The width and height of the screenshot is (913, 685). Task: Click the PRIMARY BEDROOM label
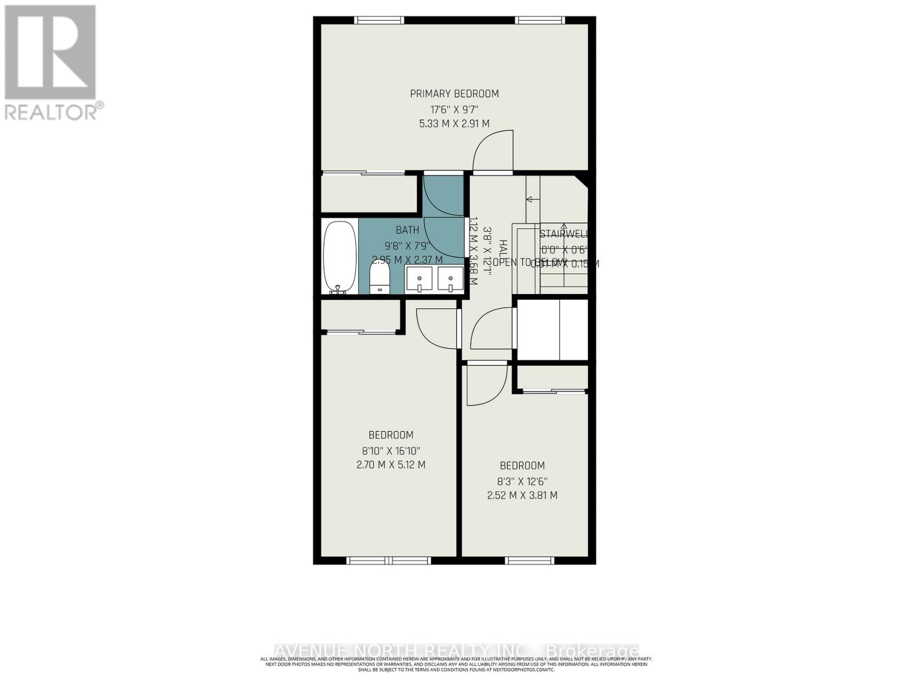click(454, 94)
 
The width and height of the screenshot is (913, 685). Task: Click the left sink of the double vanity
click(421, 280)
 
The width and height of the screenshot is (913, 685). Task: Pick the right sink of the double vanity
click(451, 280)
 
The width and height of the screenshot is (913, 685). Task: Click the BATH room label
click(407, 230)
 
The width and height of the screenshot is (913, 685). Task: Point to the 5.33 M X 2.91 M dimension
click(454, 123)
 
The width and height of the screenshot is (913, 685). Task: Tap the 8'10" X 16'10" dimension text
click(390, 450)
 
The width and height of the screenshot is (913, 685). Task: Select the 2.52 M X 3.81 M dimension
click(522, 495)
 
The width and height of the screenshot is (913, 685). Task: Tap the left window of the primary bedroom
click(379, 20)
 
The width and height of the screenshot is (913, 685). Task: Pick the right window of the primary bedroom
click(540, 20)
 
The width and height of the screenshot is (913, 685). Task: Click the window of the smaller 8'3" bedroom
click(530, 561)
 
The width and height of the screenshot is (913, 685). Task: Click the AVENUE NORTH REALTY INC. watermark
click(457, 651)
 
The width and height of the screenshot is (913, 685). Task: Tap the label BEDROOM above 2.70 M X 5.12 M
click(390, 435)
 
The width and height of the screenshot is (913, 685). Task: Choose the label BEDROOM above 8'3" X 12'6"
click(522, 465)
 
